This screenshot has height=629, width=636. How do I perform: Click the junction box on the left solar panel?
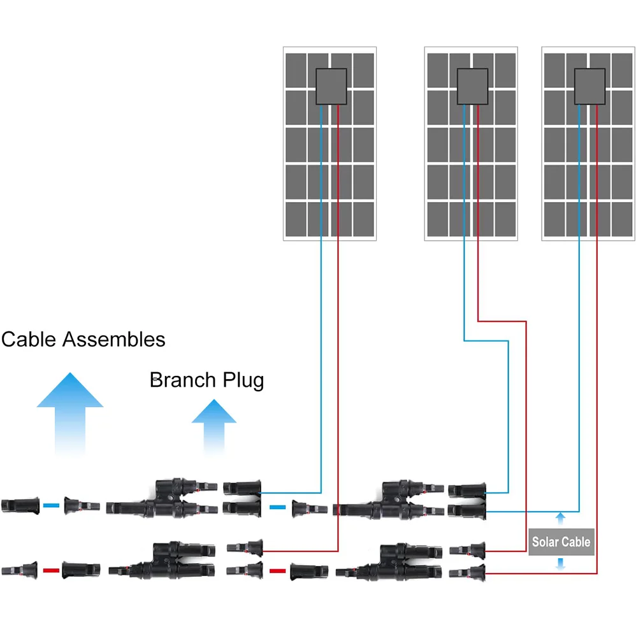point(331,87)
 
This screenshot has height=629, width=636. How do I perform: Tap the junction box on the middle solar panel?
point(472,87)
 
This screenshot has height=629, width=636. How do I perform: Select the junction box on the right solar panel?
point(589,87)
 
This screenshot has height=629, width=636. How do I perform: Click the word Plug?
point(243,382)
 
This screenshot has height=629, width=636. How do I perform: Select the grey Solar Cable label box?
point(561,542)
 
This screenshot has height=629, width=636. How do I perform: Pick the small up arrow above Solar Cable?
point(561,517)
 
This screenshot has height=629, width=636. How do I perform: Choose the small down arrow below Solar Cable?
point(561,564)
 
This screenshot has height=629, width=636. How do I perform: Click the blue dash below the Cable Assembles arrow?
point(51,505)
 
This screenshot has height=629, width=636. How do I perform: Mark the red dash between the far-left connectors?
point(51,569)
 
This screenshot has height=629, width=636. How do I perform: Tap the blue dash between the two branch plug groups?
point(277,507)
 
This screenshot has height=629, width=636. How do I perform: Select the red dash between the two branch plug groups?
point(277,570)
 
